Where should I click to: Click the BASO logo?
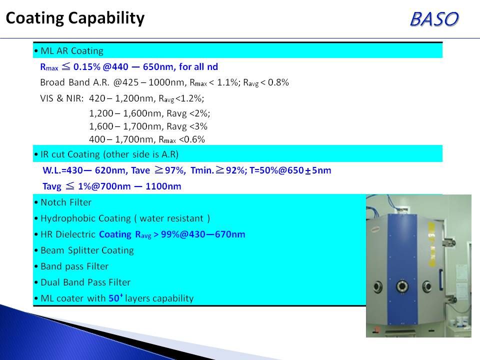[x=434, y=19]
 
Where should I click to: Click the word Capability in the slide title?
[x=106, y=18]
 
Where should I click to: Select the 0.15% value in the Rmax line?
[x=87, y=66]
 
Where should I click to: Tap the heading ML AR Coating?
[x=71, y=51]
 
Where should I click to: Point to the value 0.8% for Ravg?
[x=278, y=82]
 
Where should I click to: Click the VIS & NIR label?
[x=62, y=98]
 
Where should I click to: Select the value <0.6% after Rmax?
[x=191, y=139]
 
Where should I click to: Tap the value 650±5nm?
[x=310, y=170]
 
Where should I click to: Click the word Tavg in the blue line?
[x=51, y=186]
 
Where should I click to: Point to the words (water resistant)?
[x=172, y=218]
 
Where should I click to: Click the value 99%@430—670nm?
[x=203, y=234]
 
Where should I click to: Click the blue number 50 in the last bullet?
[x=114, y=298]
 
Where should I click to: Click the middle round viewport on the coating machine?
[x=402, y=286]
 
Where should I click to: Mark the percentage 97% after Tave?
[x=175, y=170]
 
